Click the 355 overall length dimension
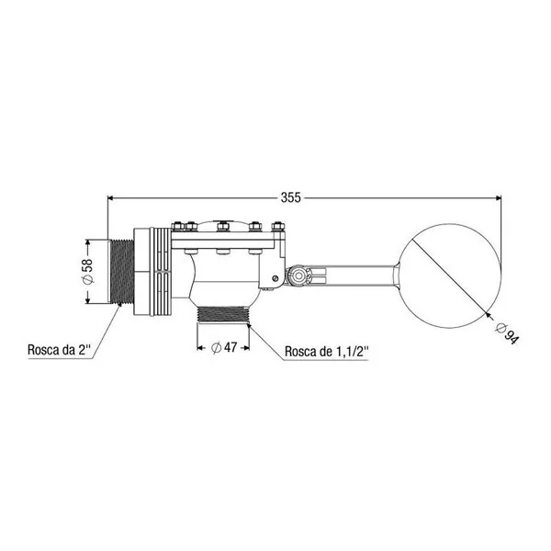click(290, 197)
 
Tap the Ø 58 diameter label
click(87, 271)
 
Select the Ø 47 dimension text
click(224, 347)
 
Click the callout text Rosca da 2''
click(59, 350)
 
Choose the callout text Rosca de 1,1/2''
click(327, 352)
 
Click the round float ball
click(450, 275)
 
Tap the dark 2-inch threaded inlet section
click(122, 271)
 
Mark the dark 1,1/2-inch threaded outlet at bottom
click(223, 314)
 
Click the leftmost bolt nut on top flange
click(176, 226)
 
